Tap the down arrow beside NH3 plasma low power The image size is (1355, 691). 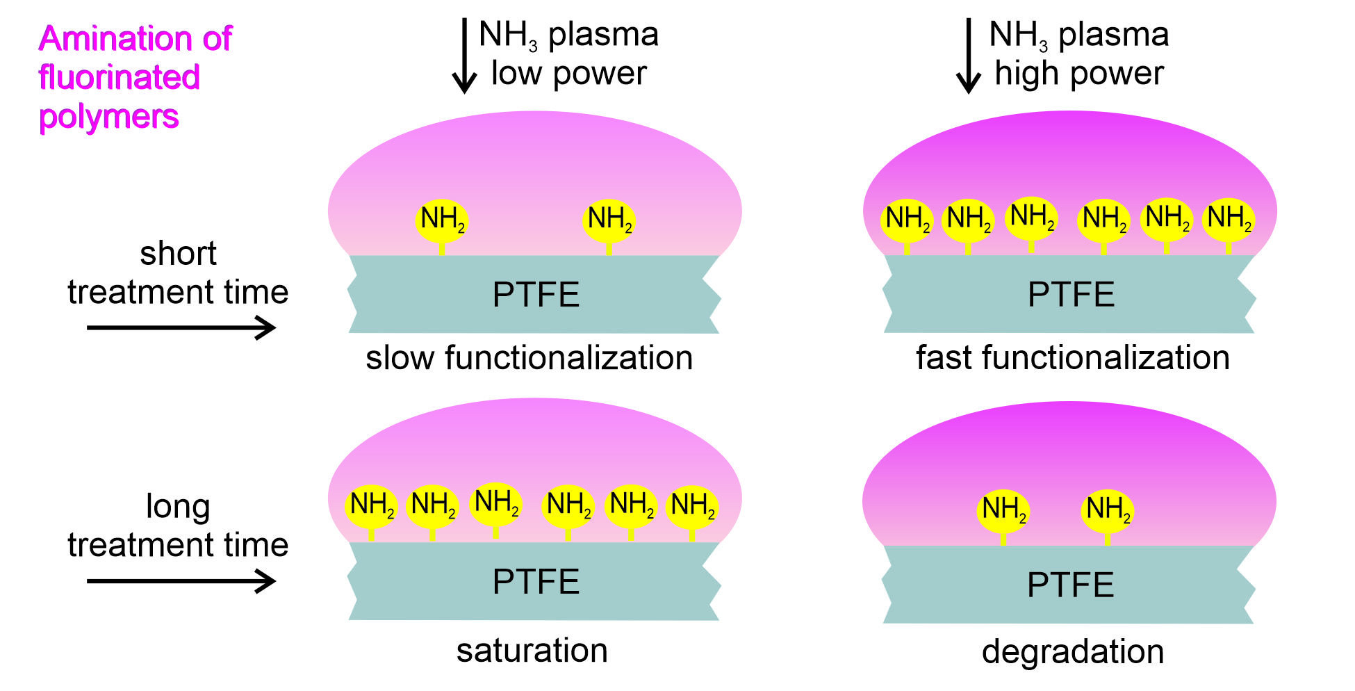tap(464, 56)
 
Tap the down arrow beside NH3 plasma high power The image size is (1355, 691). tap(968, 56)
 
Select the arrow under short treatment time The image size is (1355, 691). tap(181, 327)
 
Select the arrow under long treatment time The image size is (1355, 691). tap(181, 581)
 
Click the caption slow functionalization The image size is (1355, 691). tap(529, 358)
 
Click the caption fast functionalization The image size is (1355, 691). tap(1073, 358)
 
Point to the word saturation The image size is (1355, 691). tap(532, 651)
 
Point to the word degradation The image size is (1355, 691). tap(1073, 652)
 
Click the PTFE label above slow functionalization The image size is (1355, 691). tap(536, 295)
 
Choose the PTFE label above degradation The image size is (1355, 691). tap(1071, 585)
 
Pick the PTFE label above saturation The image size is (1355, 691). tap(536, 583)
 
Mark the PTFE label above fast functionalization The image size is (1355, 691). tap(1071, 295)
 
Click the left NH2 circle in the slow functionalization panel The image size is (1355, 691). tap(442, 220)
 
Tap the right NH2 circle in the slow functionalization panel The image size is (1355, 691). tap(609, 220)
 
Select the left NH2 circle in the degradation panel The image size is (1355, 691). tap(1003, 510)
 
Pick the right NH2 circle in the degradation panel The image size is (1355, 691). tap(1108, 510)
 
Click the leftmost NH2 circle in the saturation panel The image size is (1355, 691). tap(372, 505)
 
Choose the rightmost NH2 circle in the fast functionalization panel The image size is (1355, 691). tap(1229, 220)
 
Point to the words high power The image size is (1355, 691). tap(1078, 74)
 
